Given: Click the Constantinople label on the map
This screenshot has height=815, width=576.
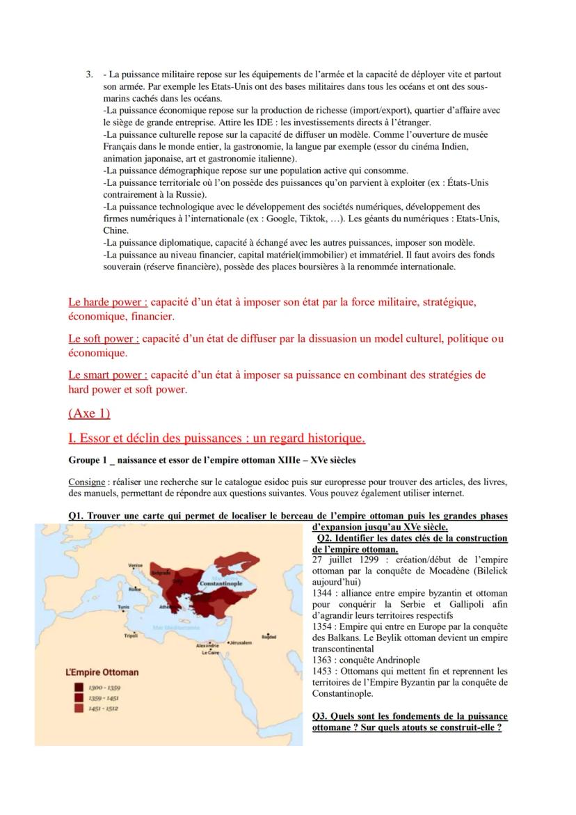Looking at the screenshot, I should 221,582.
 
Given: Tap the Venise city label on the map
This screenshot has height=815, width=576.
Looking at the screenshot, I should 136,566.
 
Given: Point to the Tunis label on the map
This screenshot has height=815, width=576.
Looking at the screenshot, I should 124,606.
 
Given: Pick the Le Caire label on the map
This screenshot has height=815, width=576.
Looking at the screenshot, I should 211,653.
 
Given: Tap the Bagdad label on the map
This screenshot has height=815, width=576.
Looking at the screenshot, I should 269,636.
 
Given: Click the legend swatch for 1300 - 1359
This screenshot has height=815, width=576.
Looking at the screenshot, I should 77,687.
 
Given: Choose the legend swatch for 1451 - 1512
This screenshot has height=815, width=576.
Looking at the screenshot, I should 77,708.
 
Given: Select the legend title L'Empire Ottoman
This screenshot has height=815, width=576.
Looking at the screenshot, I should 97,672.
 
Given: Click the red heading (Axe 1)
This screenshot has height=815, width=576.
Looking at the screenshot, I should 89,413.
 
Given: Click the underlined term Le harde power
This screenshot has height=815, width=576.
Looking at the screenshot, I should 107,303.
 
